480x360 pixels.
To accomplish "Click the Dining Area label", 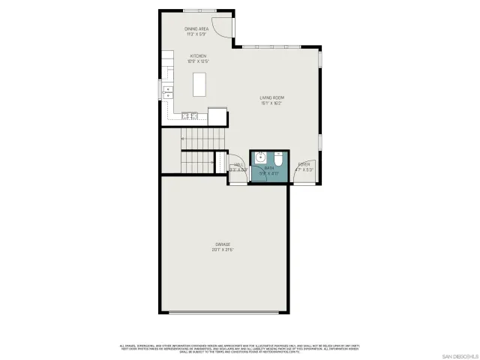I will tap(196, 28).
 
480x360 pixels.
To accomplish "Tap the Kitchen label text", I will tap(198, 55).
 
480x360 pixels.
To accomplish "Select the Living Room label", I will tap(271, 97).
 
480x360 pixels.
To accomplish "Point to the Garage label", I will tap(223, 244).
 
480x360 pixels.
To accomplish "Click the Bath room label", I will tap(268, 168).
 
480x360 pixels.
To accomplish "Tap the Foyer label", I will tap(304, 164).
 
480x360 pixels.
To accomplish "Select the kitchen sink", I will tap(167, 91).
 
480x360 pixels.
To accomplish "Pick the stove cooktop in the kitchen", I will tap(189, 115).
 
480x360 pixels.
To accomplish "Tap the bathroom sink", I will tap(260, 158).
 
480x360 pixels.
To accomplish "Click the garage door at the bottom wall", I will tap(223, 313).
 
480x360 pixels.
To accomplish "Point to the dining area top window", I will tap(201, 10).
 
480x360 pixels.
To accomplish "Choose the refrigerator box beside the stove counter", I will tap(217, 116).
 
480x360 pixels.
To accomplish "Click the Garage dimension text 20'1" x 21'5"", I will tap(223, 250).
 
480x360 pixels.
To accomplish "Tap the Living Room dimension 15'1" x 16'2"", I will tap(271, 103).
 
